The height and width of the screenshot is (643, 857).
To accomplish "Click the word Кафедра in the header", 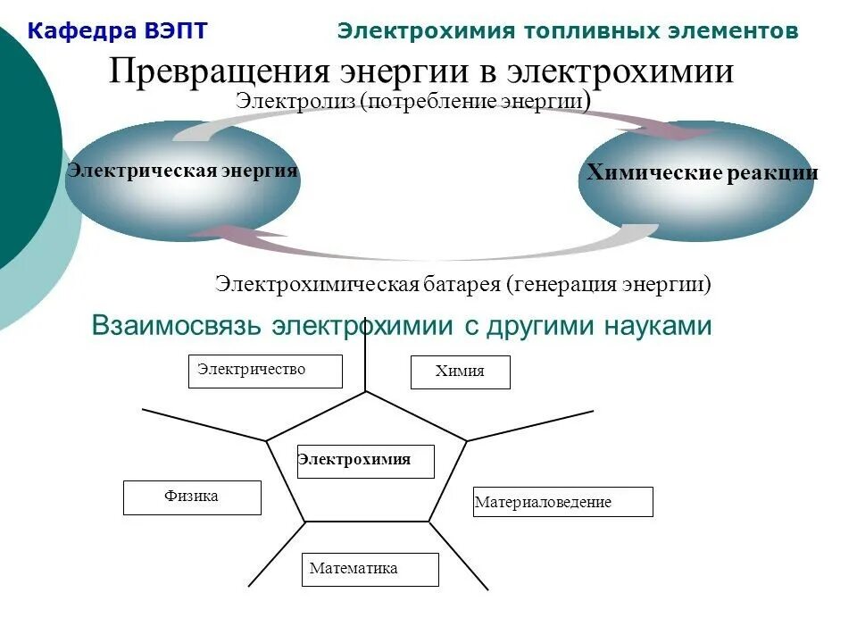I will point(79,31).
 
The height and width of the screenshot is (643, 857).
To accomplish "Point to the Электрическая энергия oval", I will point(182,181).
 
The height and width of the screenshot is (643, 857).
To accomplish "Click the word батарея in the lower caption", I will point(462,285).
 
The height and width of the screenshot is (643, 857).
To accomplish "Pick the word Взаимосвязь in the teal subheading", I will point(178,326).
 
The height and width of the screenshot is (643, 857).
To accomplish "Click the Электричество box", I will point(265,371).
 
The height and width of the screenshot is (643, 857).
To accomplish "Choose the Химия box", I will point(460,372).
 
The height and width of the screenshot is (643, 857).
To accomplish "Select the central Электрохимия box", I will point(365,461).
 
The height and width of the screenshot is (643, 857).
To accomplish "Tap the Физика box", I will point(192,497).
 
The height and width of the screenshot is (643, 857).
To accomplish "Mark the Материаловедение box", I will point(562,502).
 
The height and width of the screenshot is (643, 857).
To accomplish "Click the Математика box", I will point(370,569).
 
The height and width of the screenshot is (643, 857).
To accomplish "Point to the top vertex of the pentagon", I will point(366,391).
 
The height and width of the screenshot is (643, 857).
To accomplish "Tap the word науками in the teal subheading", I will point(655,326).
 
